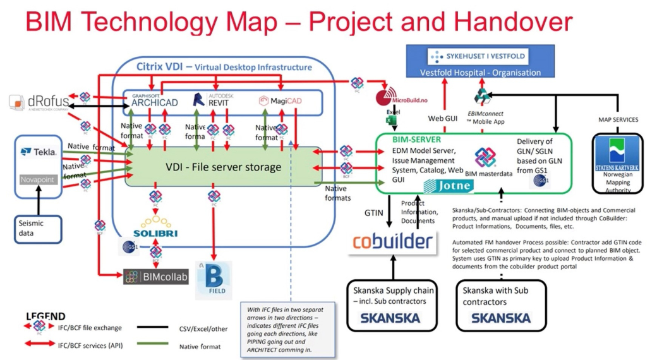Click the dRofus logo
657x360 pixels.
(39, 102)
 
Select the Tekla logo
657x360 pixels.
(39, 152)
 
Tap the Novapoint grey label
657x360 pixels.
(39, 179)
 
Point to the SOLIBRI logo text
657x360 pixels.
(155, 233)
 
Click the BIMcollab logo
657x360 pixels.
(156, 277)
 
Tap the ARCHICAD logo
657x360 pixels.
(154, 100)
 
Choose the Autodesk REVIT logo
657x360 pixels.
(212, 100)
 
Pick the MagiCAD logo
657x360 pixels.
(278, 101)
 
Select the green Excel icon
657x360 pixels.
(390, 120)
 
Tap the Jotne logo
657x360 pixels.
(447, 186)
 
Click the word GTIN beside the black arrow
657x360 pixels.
(373, 213)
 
